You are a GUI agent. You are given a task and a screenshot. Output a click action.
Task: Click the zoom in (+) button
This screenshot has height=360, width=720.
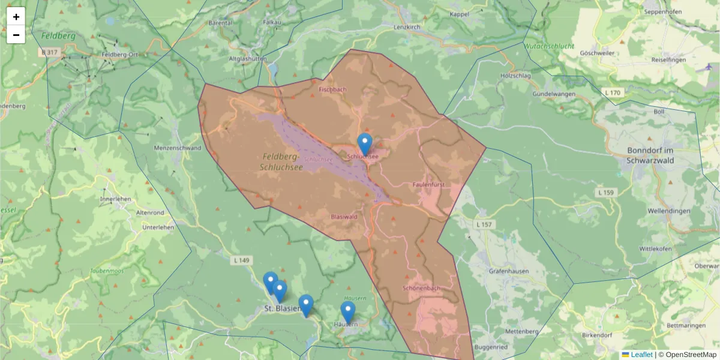coord(16,17)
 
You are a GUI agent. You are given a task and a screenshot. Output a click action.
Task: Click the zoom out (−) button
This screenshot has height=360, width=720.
coord(16,35)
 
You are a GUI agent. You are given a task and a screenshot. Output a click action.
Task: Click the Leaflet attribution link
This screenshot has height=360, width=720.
coord(641,355)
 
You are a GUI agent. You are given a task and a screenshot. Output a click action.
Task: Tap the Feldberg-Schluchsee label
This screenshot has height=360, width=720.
coord(286,161)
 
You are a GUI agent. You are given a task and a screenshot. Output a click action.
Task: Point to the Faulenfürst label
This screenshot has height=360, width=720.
coord(429,185)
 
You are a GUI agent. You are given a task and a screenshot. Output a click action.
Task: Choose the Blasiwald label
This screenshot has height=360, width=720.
coord(344,217)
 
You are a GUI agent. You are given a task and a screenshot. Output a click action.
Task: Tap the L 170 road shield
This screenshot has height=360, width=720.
coord(613,93)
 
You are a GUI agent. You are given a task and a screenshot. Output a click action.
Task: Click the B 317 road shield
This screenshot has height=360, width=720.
coord(50,53)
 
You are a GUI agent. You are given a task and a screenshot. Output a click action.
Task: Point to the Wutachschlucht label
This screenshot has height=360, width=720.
coord(549,46)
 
